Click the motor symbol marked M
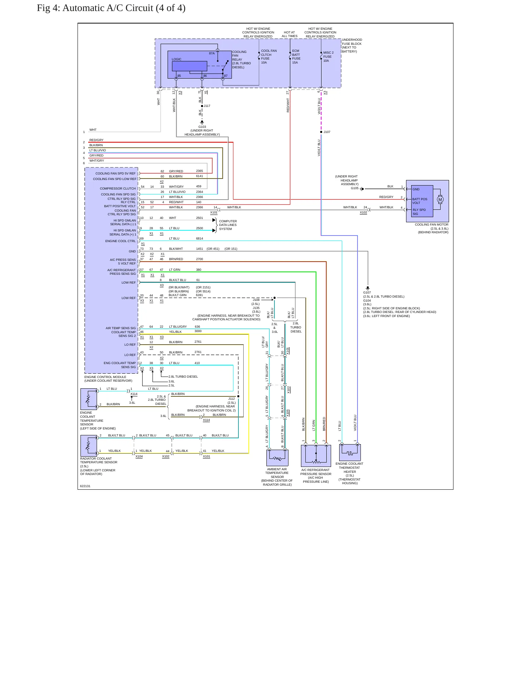440,199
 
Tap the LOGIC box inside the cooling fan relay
190,66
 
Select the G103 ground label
202,127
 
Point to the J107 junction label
327,132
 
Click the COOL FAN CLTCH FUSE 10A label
269,57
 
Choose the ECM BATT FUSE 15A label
296,57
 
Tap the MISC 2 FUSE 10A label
328,57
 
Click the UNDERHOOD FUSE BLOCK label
352,46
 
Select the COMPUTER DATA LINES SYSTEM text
228,225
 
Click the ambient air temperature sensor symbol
277,458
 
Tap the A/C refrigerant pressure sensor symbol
316,456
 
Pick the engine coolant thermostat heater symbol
350,453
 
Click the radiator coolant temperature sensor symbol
89,446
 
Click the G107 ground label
367,292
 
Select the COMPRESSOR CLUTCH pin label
118,188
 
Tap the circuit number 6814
200,238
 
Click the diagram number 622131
85,486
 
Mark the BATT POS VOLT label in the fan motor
420,201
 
